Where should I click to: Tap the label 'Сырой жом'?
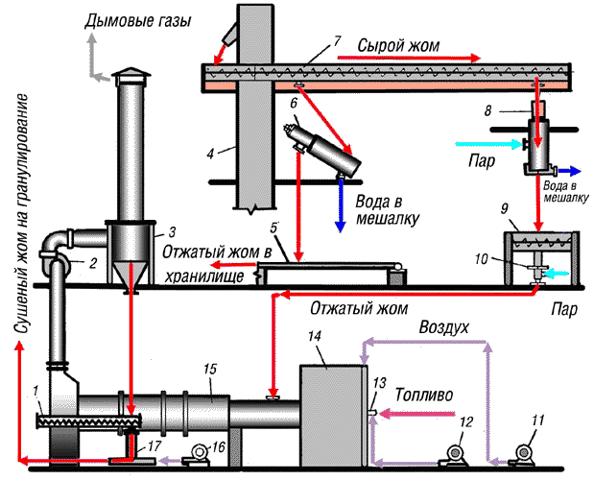pos(399,45)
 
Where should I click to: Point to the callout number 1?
pos(35,393)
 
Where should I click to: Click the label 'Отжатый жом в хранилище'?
pos(222,263)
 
